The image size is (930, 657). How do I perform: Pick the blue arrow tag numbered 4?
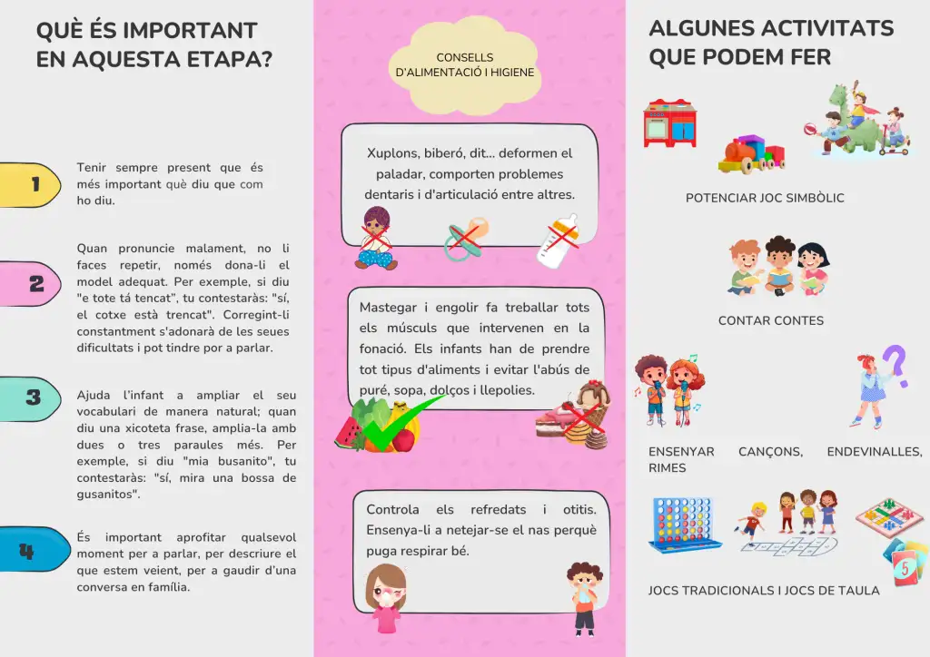point(32,549)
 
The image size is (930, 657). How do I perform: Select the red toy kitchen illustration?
point(669,123)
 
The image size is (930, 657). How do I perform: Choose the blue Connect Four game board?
point(684,525)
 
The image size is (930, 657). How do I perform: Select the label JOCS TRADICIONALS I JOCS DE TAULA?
point(764,591)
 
